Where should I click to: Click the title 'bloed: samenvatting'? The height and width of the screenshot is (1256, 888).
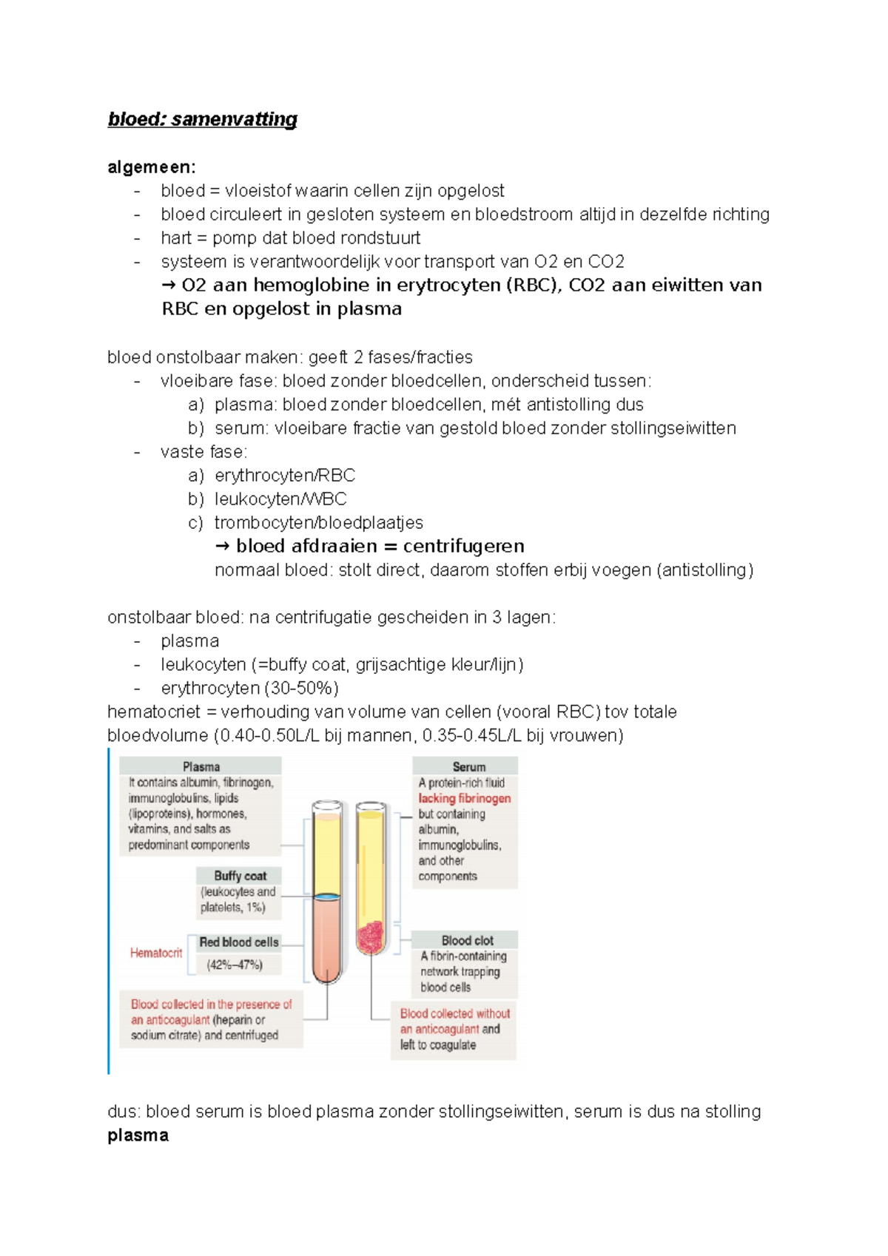[x=202, y=119]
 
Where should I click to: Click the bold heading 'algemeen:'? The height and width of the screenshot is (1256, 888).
[x=152, y=167]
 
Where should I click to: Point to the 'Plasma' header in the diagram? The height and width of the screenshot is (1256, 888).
[x=201, y=766]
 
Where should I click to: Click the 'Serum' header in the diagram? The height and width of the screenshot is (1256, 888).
[x=468, y=767]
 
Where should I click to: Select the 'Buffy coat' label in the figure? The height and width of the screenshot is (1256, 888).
[x=240, y=876]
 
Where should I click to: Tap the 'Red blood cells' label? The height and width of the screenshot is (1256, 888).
[x=238, y=942]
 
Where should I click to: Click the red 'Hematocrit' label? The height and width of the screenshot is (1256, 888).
[x=155, y=953]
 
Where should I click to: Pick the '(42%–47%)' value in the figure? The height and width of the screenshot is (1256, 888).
[x=235, y=965]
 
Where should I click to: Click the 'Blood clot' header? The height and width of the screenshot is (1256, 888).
[x=467, y=940]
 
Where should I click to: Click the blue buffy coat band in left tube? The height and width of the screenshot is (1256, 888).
[x=326, y=897]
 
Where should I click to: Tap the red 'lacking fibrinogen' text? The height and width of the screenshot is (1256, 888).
[x=464, y=798]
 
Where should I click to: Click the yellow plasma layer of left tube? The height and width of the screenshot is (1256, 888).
[x=326, y=851]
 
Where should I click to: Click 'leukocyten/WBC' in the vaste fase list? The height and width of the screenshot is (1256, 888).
[x=280, y=499]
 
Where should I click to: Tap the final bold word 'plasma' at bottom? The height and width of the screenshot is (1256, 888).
[x=138, y=1135]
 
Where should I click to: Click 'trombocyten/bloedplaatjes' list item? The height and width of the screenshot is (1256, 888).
[x=318, y=523]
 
